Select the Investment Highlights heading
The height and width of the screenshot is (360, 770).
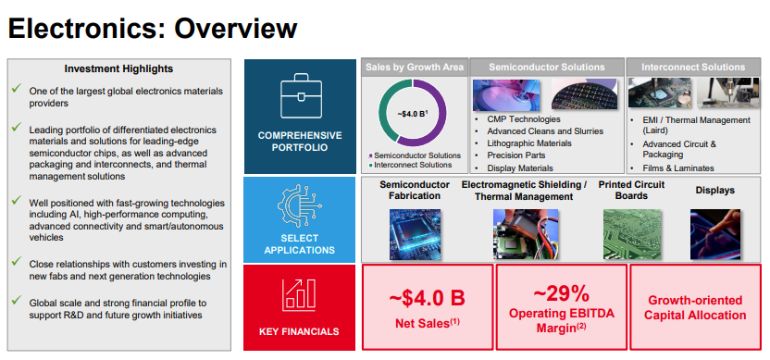click(x=118, y=68)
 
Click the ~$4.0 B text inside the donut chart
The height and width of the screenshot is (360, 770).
click(x=412, y=114)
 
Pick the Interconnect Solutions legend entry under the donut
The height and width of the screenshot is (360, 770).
click(x=414, y=165)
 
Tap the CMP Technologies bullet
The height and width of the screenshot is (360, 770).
click(x=523, y=119)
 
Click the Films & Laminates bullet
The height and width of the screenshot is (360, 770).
click(x=677, y=168)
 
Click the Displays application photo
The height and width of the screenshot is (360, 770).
click(x=714, y=233)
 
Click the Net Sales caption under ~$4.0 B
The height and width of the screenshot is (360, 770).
click(x=426, y=323)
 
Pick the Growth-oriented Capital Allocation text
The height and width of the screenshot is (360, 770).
click(x=696, y=308)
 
